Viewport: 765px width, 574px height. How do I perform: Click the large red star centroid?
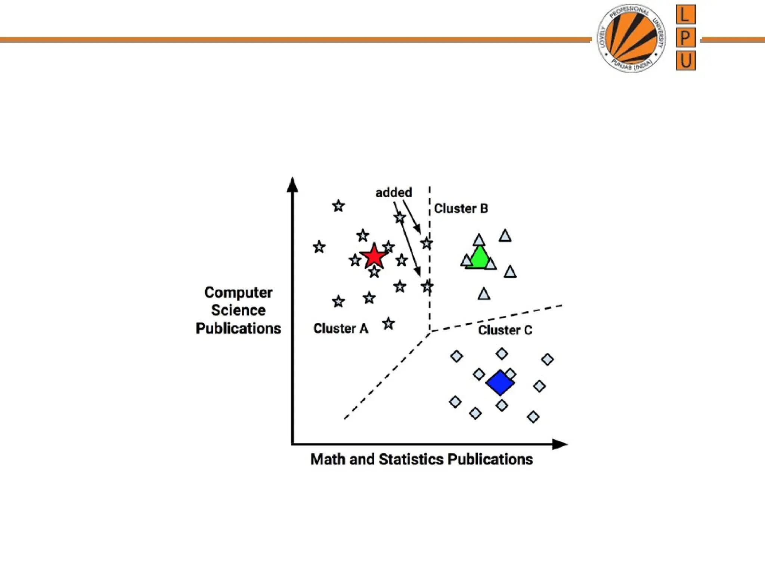374,256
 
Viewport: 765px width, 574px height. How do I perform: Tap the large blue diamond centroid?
500,382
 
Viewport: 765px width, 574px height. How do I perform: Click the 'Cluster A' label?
341,328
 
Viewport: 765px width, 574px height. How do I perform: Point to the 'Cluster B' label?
461,209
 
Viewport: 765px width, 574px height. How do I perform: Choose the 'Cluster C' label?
505,330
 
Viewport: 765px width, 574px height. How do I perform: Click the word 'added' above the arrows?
394,192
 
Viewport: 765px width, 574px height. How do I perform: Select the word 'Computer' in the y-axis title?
238,292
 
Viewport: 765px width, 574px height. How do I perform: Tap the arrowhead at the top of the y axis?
292,185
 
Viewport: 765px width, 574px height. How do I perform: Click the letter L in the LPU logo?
685,15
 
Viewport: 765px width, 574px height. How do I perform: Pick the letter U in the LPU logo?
685,61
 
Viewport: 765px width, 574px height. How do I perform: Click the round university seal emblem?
631,38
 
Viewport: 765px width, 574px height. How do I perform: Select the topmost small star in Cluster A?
338,206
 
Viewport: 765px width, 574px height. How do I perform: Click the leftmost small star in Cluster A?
319,247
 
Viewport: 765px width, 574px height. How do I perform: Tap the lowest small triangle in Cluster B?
484,294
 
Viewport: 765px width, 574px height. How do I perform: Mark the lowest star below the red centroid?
388,323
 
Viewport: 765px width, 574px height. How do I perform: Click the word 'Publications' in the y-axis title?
238,328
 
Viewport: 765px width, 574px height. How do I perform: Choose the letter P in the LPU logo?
685,38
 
